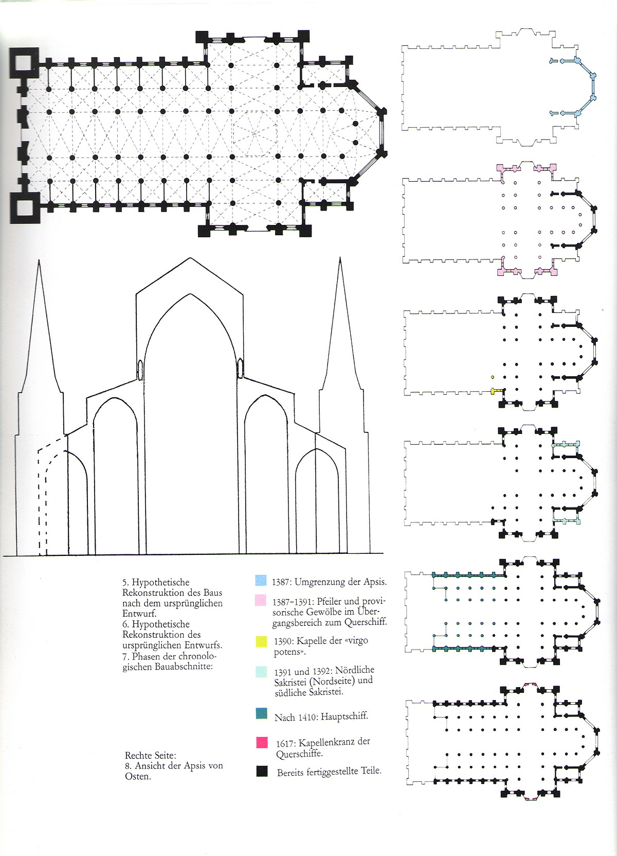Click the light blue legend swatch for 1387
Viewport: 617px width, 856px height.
261,581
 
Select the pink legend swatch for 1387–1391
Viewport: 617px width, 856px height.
261,600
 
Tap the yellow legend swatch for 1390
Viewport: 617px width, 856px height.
261,642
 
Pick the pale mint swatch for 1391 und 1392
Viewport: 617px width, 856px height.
261,671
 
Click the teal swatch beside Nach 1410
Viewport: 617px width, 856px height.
261,714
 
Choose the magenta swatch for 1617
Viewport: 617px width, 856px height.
261,742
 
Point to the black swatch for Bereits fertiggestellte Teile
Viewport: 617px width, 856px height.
261,772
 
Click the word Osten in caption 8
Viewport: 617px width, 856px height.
138,776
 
